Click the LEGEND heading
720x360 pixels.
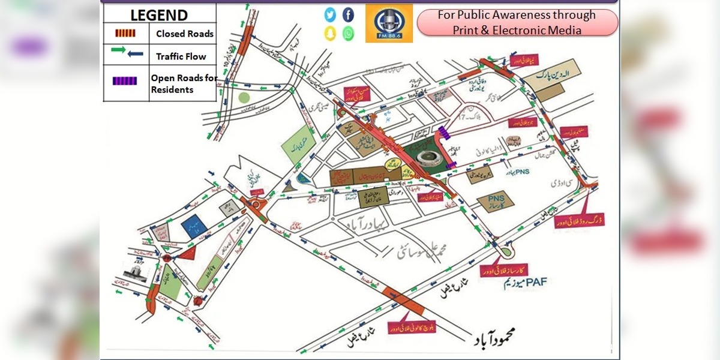(159, 15)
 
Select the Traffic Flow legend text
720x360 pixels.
(181, 56)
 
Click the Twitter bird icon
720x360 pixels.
(330, 14)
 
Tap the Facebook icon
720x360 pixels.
(348, 14)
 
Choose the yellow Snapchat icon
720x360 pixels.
(330, 34)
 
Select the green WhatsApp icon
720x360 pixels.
(348, 34)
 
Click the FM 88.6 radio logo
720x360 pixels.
(389, 23)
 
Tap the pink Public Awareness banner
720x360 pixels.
(517, 22)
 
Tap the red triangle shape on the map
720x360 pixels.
(188, 252)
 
